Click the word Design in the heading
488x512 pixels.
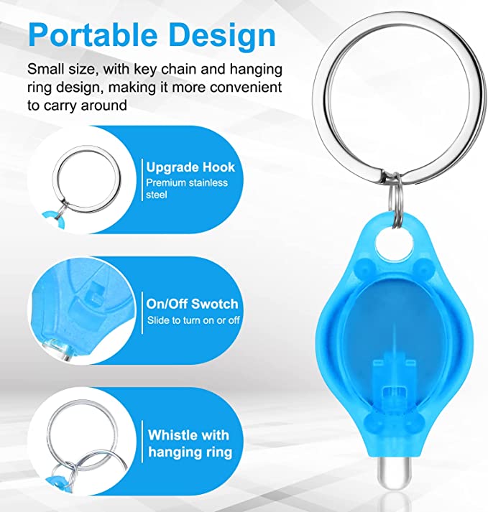point(224,34)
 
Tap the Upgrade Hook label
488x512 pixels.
point(190,167)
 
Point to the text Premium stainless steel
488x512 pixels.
point(187,189)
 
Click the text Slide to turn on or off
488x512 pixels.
point(193,320)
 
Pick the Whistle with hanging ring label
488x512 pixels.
point(189,443)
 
